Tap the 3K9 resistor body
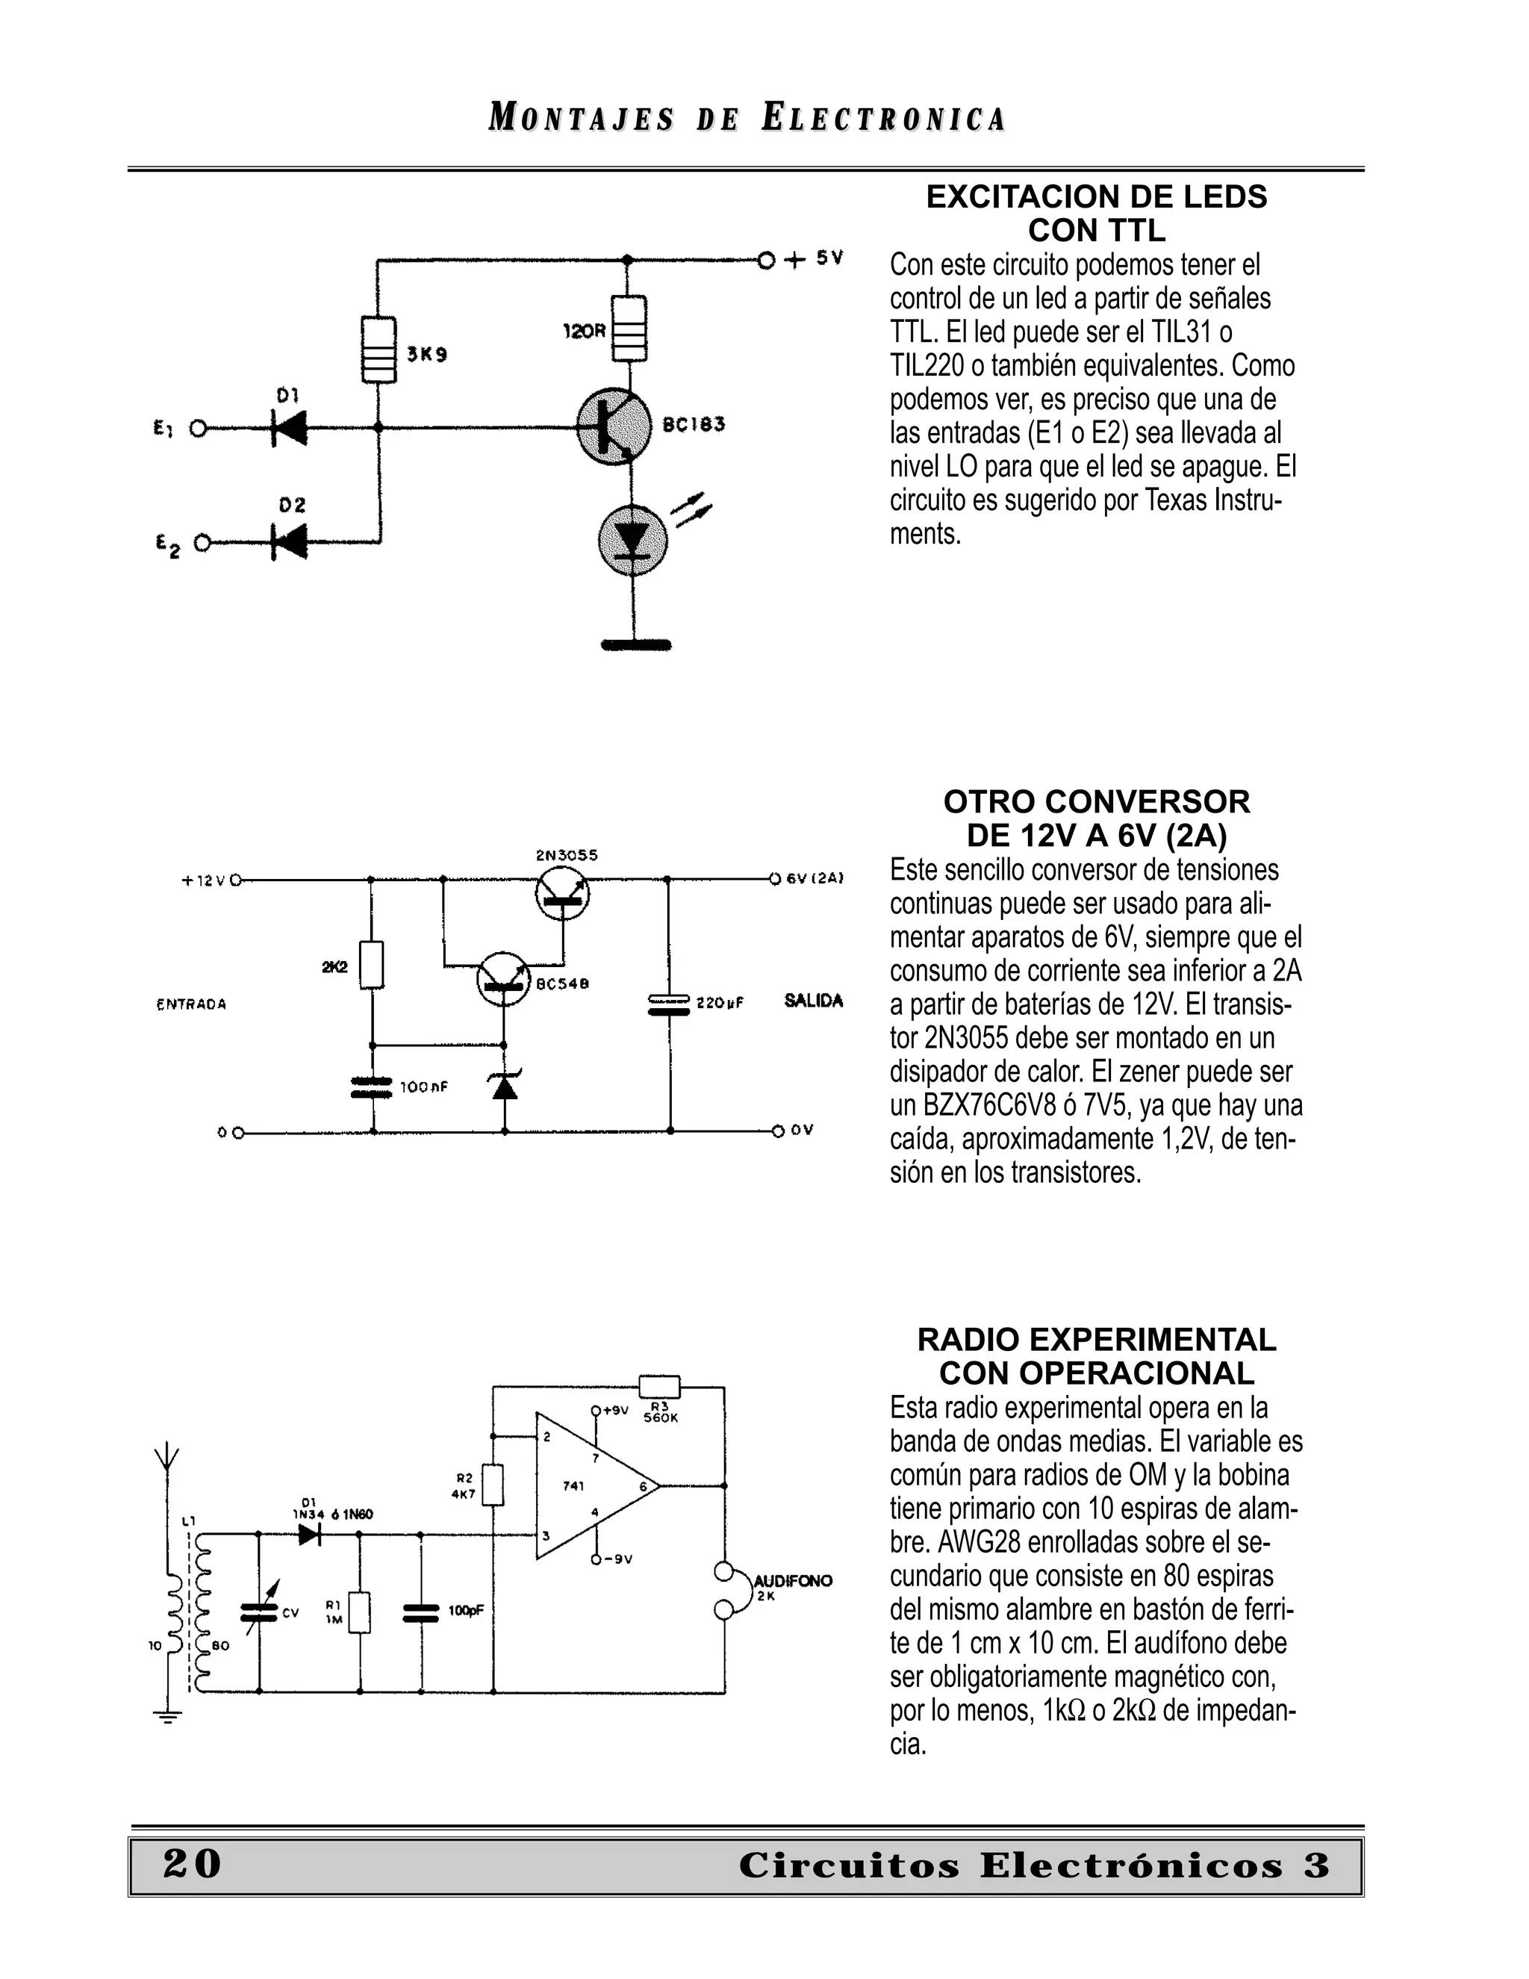(x=379, y=349)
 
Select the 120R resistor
(x=629, y=328)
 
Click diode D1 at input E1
(x=289, y=428)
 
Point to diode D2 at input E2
(x=289, y=543)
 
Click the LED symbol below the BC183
(x=632, y=541)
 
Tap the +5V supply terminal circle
(x=766, y=261)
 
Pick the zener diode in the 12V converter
(x=505, y=1084)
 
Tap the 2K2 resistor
(x=371, y=965)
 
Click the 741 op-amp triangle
(x=589, y=1486)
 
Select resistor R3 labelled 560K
(x=659, y=1386)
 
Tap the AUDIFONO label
(x=793, y=1581)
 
